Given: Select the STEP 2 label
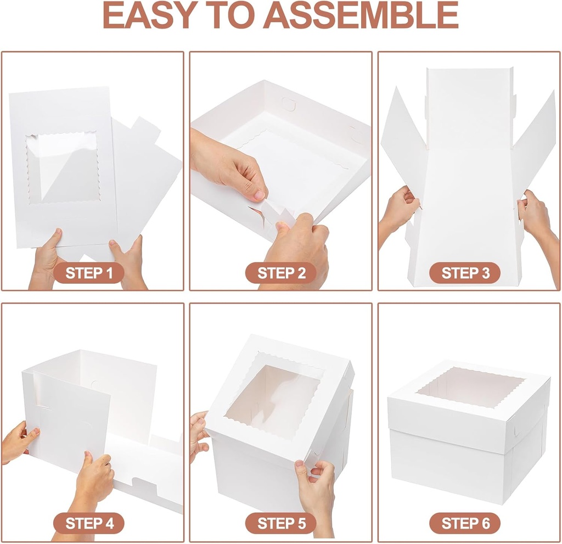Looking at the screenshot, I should click(281, 273).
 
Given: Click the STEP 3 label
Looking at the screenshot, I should click(465, 273).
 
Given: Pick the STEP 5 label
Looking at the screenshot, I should click(281, 523).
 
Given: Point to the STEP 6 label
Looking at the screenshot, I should click(465, 523).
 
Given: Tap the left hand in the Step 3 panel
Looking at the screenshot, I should click(396, 211).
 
